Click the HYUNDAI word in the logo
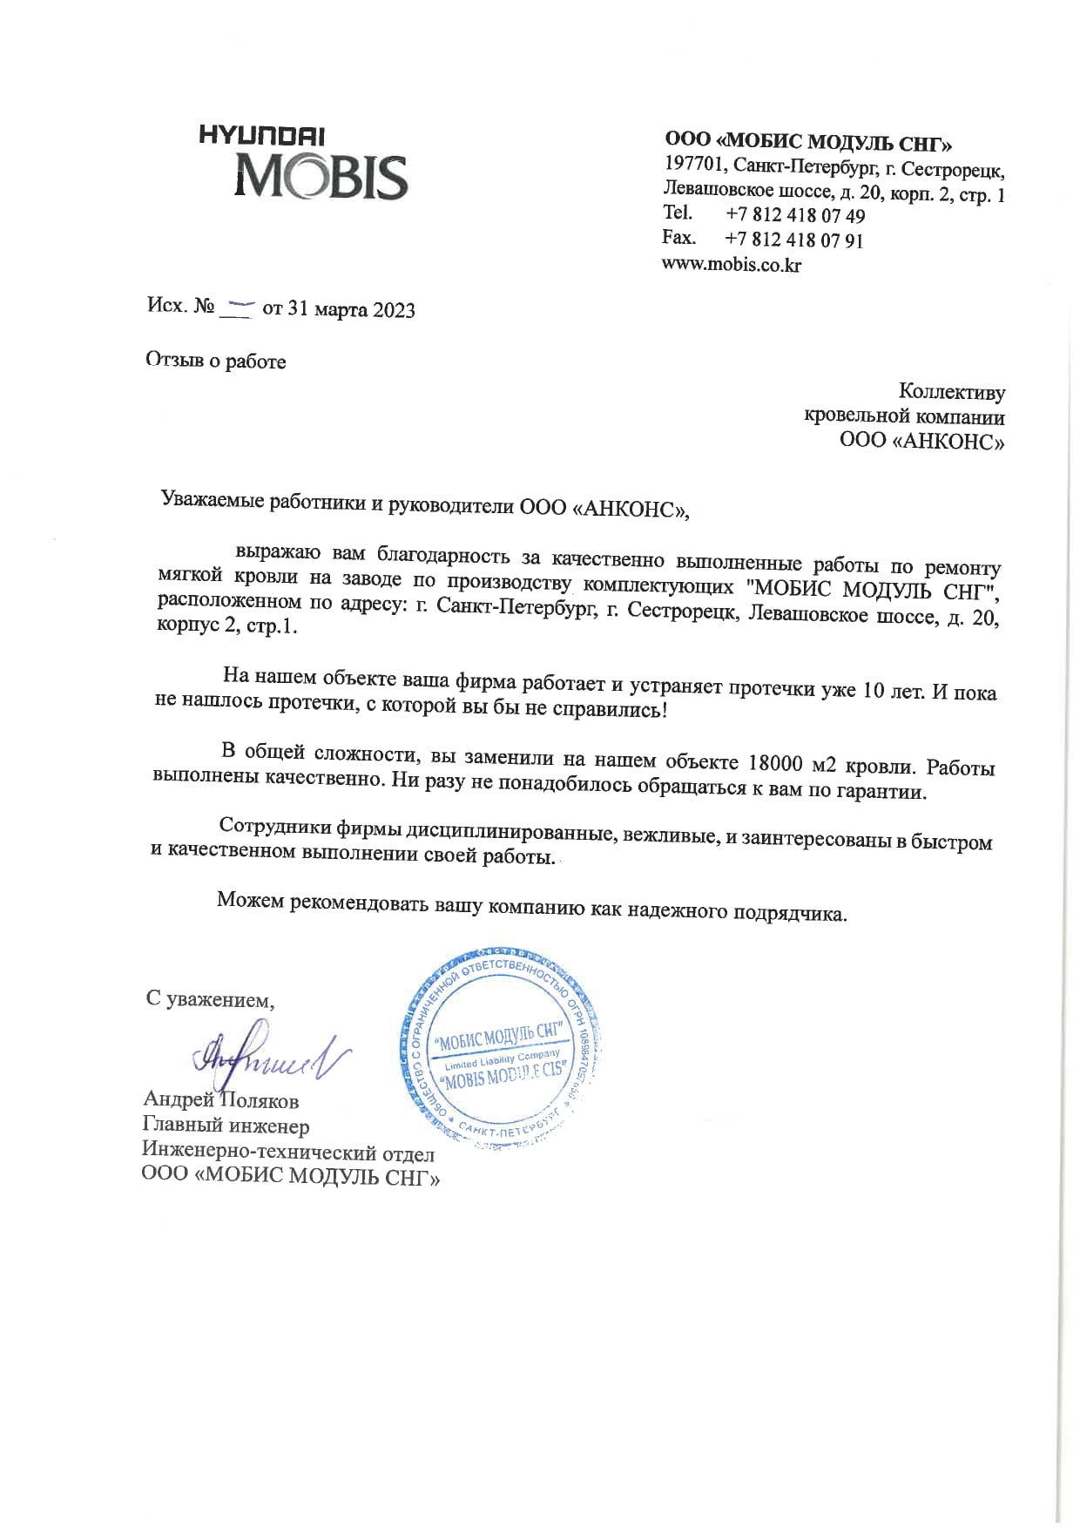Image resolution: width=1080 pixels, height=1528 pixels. click(262, 136)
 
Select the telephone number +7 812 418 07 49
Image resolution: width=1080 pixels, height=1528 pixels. click(794, 215)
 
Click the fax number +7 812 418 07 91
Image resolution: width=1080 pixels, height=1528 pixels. click(793, 240)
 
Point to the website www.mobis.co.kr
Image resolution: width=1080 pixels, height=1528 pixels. click(732, 265)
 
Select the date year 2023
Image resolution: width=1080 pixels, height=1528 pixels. click(394, 310)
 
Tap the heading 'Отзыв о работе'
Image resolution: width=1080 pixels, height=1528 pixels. click(216, 361)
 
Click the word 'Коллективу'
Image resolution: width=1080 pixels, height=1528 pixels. click(951, 393)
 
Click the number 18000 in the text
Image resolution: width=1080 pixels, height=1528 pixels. click(775, 763)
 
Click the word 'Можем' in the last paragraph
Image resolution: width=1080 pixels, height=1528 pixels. click(250, 900)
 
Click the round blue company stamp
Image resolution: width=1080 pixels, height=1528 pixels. click(502, 1049)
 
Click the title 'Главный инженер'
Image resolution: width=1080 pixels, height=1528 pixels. click(226, 1126)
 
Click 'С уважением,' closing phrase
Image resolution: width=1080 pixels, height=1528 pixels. click(210, 1000)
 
